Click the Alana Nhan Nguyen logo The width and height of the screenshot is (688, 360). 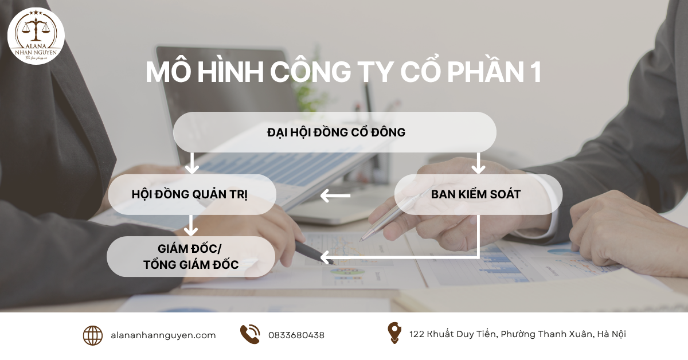36,36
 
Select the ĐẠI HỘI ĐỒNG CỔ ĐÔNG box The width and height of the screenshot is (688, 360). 335,132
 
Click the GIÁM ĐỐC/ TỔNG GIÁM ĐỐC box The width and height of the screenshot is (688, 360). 191,257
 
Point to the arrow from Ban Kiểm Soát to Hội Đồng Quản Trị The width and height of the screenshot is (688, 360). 335,197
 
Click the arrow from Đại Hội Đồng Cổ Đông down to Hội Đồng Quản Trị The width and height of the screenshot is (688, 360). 193,163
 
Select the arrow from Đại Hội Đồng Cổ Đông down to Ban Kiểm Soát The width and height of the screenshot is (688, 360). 478,163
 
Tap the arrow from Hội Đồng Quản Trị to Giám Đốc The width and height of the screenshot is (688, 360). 191,225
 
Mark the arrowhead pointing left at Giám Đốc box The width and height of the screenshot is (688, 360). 325,256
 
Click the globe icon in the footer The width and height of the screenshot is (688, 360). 93,335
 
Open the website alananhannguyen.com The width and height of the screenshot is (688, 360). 163,335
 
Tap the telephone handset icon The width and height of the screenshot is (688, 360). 250,334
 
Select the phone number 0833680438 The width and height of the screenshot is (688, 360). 296,335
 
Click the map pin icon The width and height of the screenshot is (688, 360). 394,333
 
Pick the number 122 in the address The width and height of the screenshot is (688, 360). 417,334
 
